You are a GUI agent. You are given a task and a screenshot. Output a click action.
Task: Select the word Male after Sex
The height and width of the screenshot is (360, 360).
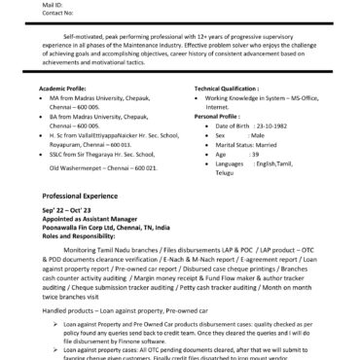click(x=260, y=162)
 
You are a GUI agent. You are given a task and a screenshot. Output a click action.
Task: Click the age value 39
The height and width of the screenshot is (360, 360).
click(x=254, y=180)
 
